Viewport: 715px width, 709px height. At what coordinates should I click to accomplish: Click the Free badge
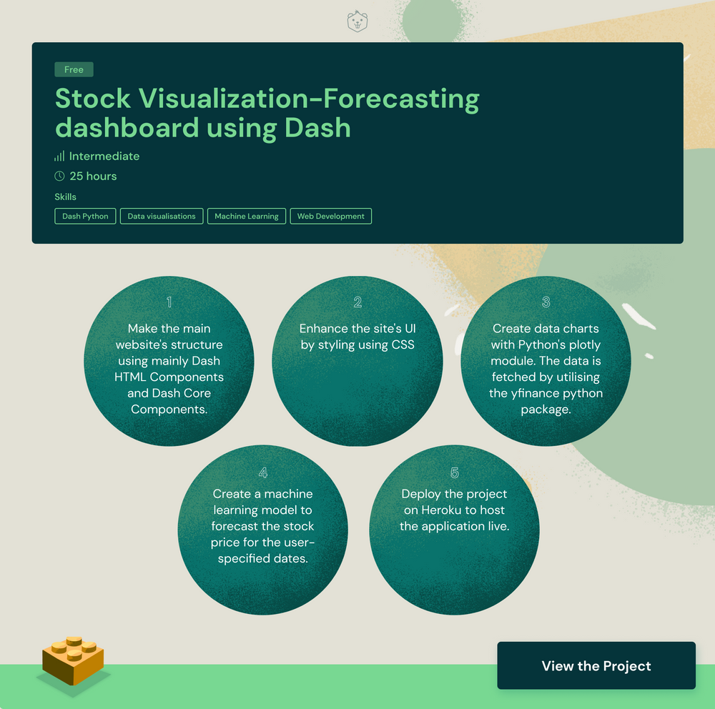pyautogui.click(x=74, y=69)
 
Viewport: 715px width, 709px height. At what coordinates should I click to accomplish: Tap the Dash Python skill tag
pyautogui.click(x=85, y=216)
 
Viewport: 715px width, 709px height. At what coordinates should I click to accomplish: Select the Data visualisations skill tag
pyautogui.click(x=162, y=216)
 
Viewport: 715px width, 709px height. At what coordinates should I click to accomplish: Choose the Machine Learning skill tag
pyautogui.click(x=247, y=216)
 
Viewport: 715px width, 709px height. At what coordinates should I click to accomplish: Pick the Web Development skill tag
pyautogui.click(x=330, y=216)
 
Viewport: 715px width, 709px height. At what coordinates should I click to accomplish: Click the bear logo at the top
pyautogui.click(x=357, y=21)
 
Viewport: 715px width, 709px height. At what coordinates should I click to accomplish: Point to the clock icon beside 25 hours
pyautogui.click(x=59, y=176)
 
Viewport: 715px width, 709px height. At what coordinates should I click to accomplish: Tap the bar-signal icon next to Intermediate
pyautogui.click(x=59, y=156)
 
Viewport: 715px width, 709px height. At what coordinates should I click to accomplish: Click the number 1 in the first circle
pyautogui.click(x=169, y=302)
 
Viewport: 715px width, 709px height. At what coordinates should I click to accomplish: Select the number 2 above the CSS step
pyautogui.click(x=357, y=302)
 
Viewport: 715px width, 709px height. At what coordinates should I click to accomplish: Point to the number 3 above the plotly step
pyautogui.click(x=546, y=302)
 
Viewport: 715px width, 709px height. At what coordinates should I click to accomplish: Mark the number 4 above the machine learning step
pyautogui.click(x=263, y=472)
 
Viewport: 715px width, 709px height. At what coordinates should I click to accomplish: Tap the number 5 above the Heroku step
pyautogui.click(x=455, y=472)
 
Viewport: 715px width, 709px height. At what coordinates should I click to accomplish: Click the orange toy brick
pyautogui.click(x=73, y=660)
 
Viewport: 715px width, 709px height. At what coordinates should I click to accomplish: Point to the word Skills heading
pyautogui.click(x=65, y=197)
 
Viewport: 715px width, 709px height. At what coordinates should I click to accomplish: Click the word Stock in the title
pyautogui.click(x=93, y=99)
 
